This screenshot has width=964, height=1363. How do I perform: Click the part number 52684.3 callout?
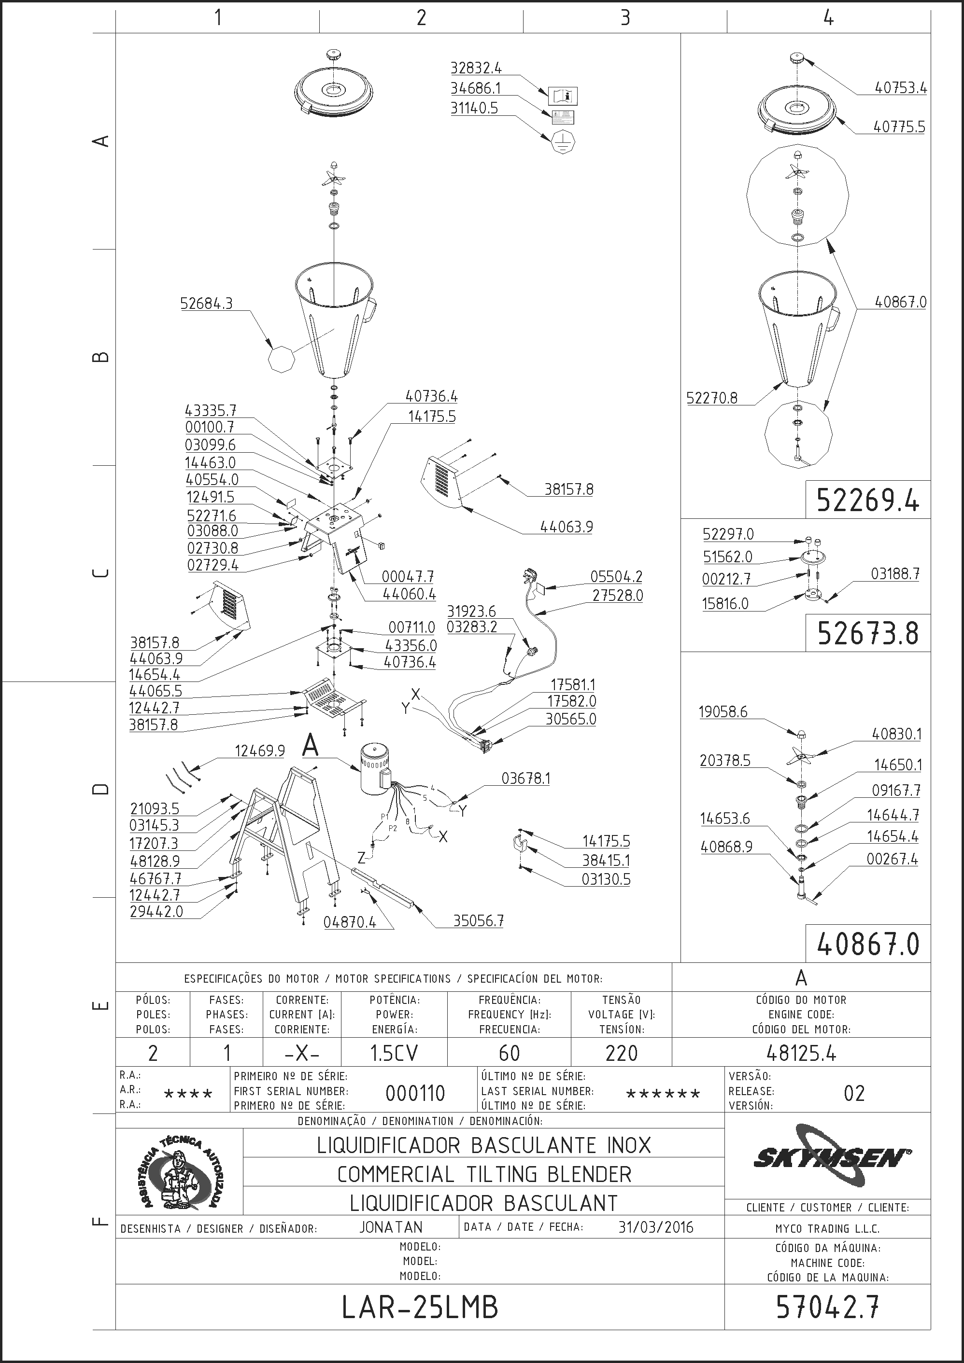(206, 304)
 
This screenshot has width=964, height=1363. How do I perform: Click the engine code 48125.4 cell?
(801, 1053)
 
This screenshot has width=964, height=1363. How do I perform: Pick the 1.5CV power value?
(394, 1053)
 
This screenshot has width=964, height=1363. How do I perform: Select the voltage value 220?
(621, 1053)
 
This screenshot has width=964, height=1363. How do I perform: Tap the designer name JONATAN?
(391, 1227)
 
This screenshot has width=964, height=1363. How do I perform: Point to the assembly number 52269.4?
(868, 501)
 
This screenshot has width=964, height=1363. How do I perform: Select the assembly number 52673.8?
(868, 633)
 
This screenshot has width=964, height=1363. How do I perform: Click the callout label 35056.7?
(478, 921)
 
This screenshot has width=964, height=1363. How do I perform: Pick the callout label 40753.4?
(900, 88)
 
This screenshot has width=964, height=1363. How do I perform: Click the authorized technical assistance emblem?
(179, 1171)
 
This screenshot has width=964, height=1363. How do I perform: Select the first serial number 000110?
(415, 1093)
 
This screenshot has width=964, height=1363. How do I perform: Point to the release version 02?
(854, 1093)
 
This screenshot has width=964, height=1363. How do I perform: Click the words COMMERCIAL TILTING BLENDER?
(484, 1174)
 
